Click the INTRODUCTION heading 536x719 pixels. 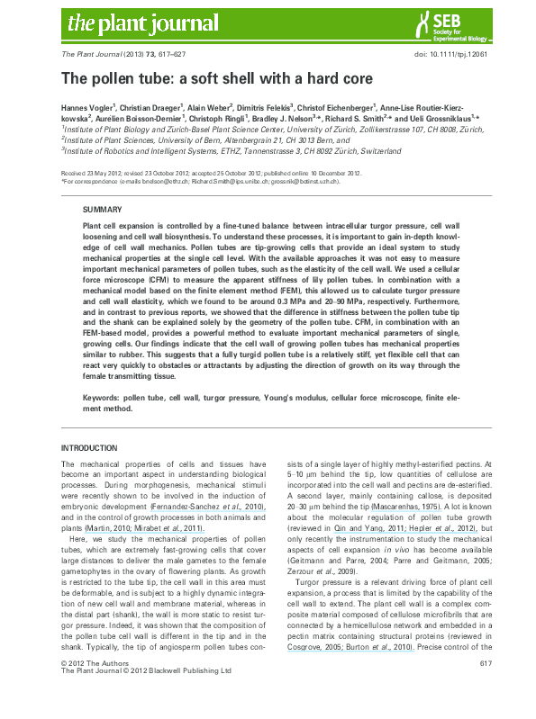pyautogui.click(x=88, y=447)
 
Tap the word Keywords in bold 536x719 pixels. pyautogui.click(x=102, y=396)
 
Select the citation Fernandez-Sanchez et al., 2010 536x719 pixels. pyautogui.click(x=208, y=508)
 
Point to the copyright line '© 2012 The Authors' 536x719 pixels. pyautogui.click(x=89, y=688)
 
